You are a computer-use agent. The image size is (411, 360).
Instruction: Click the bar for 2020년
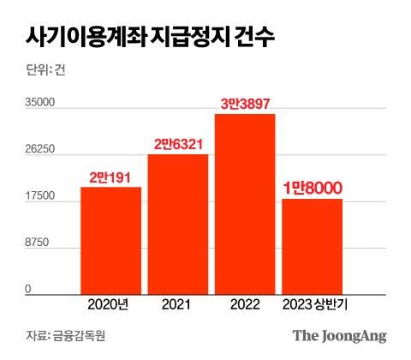[x=110, y=240]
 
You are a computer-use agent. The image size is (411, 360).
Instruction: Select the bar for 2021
[x=178, y=225]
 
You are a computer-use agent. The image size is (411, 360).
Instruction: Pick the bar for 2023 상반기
[x=313, y=246]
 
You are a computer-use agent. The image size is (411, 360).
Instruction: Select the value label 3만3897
[x=246, y=104]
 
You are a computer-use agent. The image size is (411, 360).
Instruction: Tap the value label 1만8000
[x=313, y=188]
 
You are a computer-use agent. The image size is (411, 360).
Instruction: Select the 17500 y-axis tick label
[x=39, y=196]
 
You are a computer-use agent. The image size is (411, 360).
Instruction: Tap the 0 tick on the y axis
[x=27, y=290]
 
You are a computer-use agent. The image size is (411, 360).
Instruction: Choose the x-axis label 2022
[x=245, y=303]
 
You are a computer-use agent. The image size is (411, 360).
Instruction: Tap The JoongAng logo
[x=340, y=335]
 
